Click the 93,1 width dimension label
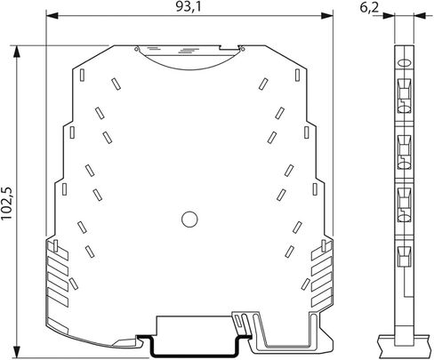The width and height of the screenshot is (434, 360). coord(189,6)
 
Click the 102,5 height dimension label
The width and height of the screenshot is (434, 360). coord(6,204)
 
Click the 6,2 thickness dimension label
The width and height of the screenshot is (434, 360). coord(369,7)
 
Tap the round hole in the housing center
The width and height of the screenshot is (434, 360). coord(189,220)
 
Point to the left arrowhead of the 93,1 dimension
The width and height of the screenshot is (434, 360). coord(52,15)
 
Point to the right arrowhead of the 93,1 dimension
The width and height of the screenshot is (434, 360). coord(327,15)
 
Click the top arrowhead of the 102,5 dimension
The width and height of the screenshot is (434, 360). coord(17,52)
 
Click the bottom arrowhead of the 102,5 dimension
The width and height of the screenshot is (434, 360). coord(17,352)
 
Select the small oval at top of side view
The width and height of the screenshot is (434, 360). coord(404,63)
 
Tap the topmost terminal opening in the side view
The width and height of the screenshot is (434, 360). coord(404,95)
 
